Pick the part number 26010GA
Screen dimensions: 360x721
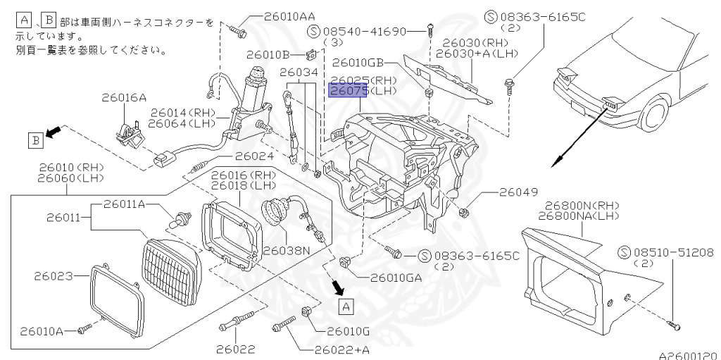(x=396, y=278)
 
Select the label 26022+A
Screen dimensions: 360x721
(x=341, y=349)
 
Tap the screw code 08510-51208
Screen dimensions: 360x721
(x=672, y=252)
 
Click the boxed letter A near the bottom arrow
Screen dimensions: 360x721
(x=345, y=306)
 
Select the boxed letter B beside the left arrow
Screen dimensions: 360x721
(x=35, y=140)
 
